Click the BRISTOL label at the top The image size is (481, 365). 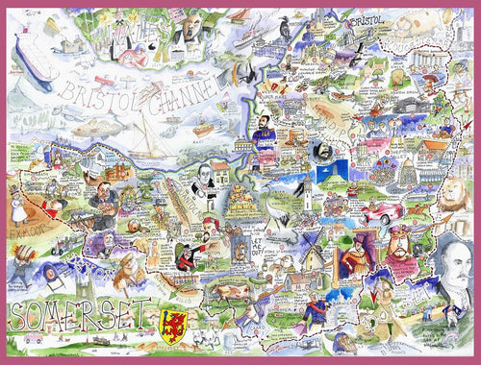click(371, 20)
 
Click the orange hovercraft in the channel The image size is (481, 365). click(201, 128)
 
